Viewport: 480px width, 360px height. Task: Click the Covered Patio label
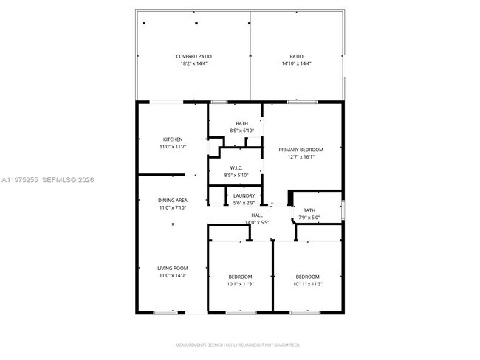194,56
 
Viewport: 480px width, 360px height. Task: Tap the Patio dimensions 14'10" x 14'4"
296,63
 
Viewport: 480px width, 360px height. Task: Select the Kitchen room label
173,139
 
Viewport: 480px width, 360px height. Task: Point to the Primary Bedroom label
301,150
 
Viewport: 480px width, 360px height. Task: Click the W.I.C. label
237,167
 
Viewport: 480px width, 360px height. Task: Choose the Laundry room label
244,195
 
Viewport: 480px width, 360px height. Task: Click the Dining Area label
172,201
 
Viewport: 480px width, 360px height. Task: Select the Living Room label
172,268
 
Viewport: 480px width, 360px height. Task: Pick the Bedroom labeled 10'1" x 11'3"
240,277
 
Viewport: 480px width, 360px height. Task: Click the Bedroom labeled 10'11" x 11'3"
307,277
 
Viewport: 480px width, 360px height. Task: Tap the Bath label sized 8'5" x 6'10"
242,123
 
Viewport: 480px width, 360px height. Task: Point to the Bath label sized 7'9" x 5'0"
309,210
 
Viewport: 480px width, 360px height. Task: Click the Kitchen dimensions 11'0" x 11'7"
172,147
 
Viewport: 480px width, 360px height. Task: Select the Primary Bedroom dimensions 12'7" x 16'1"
301,157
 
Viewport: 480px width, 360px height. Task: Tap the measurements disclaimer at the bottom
237,345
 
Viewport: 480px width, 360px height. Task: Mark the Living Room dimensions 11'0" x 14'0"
172,275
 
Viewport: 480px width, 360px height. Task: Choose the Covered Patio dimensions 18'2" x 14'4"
194,63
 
